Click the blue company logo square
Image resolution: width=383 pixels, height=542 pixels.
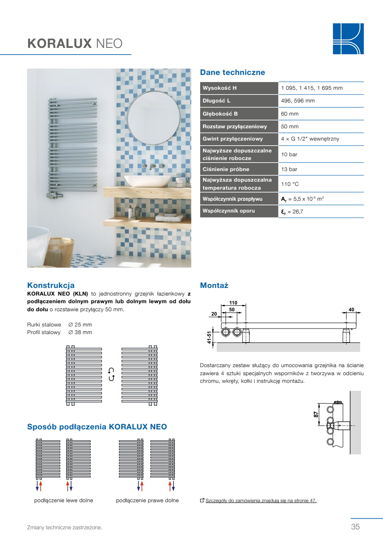[x=348, y=39]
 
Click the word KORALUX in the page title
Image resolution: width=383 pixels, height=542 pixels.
[x=60, y=44]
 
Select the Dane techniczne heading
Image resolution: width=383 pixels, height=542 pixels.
[x=232, y=72]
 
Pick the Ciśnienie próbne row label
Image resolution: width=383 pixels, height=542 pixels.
[x=226, y=169]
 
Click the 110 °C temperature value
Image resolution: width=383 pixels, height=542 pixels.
[x=289, y=184]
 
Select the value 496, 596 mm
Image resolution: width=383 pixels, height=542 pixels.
[x=298, y=101]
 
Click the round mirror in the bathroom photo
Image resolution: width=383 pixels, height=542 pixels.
[x=154, y=118]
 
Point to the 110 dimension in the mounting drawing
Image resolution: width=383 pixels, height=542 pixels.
[x=233, y=303]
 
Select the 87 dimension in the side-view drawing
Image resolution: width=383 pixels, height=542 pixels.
[x=316, y=415]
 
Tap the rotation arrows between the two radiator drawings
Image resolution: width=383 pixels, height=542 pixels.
[x=111, y=374]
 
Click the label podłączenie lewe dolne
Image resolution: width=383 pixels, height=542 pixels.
[x=63, y=501]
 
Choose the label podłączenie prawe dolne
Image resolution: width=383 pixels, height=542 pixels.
[x=147, y=501]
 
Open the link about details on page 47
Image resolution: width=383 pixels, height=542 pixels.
[x=261, y=501]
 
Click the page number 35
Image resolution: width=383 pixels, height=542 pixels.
[x=355, y=527]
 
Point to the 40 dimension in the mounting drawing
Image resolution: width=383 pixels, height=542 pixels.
[x=351, y=310]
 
